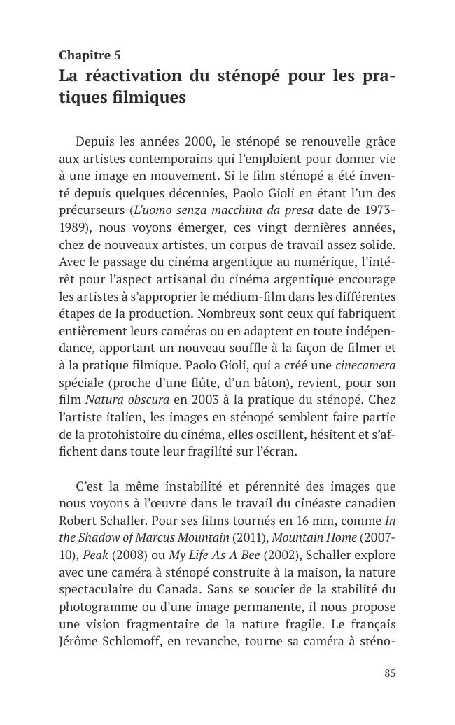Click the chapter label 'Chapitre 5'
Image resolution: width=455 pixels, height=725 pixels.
pos(90,55)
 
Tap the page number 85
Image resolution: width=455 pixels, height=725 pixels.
pos(390,673)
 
